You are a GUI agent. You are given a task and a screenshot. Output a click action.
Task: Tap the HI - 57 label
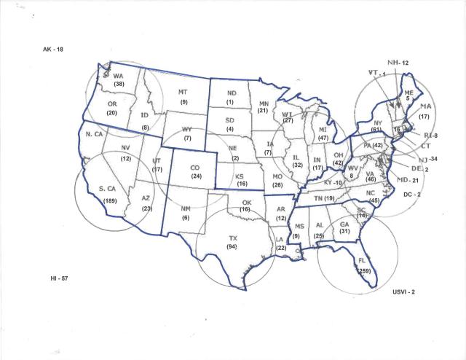pos(55,279)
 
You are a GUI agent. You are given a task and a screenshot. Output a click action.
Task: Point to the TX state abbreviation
pos(233,238)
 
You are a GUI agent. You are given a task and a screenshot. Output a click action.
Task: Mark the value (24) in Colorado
pos(196,176)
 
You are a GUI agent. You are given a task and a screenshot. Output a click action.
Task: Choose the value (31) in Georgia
pos(344,231)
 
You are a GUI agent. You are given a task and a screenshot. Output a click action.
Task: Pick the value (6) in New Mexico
pos(186,218)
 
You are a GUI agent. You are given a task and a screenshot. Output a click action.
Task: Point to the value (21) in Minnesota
pos(264,110)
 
